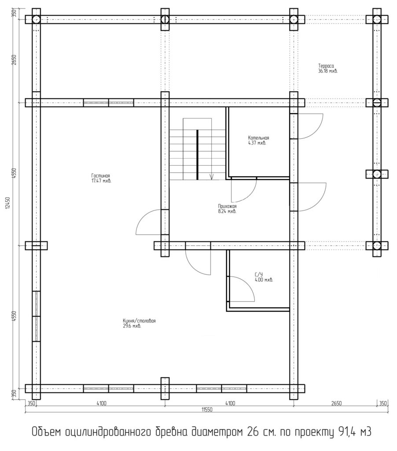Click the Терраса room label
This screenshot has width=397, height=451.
[x=326, y=66]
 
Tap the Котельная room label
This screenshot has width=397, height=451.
[x=258, y=138]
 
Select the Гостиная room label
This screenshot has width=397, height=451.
[x=101, y=176]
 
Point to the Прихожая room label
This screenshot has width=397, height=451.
[x=227, y=206]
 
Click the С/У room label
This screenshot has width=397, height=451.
[x=259, y=275]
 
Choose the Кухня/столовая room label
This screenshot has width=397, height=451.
[x=139, y=321]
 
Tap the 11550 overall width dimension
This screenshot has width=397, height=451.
[x=207, y=410]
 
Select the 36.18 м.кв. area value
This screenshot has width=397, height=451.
[x=328, y=71]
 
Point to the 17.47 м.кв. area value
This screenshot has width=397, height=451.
[x=101, y=181]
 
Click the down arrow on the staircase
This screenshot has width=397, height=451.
[x=212, y=177]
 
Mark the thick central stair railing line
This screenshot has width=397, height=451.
[x=197, y=155]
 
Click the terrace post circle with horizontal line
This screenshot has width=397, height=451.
[x=377, y=103]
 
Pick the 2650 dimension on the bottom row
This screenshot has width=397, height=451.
[x=336, y=403]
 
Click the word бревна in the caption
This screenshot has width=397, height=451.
[x=169, y=432]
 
